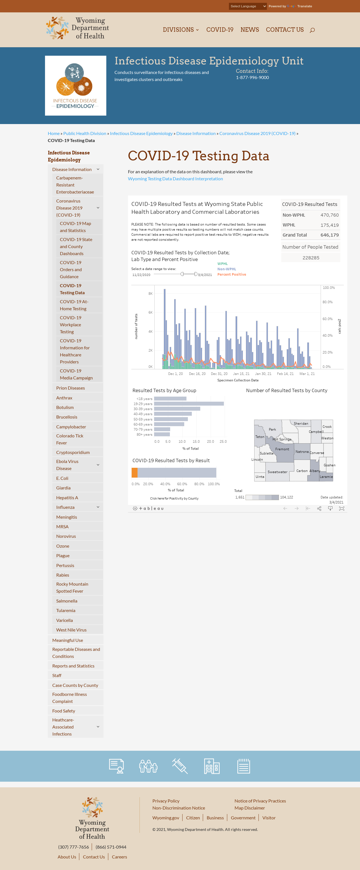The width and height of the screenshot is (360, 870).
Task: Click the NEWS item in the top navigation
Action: (x=249, y=30)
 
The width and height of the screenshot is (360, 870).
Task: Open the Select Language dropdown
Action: (x=247, y=6)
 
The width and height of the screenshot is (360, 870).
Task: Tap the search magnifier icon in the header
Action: (x=312, y=30)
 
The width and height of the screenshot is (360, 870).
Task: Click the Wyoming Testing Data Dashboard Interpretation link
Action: (x=175, y=179)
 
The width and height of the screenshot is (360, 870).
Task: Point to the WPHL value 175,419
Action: (x=329, y=225)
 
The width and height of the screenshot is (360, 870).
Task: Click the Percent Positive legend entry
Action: (x=232, y=274)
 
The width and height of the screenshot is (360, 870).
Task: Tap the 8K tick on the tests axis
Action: (x=150, y=293)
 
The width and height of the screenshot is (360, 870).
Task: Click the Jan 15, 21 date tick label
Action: (x=241, y=374)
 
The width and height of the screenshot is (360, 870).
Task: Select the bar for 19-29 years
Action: (x=189, y=404)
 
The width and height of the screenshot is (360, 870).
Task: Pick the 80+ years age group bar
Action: (x=162, y=434)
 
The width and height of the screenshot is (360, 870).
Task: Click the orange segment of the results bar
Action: (x=134, y=473)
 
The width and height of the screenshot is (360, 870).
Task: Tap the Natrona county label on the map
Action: (x=302, y=451)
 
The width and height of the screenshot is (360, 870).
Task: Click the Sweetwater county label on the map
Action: (x=277, y=472)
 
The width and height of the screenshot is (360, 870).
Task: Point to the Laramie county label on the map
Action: (x=326, y=476)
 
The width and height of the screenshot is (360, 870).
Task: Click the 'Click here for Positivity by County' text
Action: (x=174, y=498)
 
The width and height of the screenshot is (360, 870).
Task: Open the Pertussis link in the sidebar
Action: (x=65, y=565)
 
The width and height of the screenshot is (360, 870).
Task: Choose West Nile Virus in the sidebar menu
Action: (x=71, y=630)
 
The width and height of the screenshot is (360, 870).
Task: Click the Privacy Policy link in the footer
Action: (x=166, y=801)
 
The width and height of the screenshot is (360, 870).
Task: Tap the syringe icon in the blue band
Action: (x=180, y=766)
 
